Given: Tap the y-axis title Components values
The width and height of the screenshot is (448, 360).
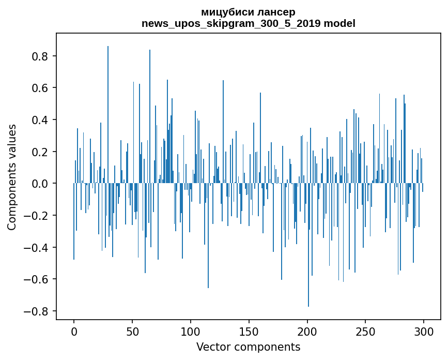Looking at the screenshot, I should [x=12, y=177].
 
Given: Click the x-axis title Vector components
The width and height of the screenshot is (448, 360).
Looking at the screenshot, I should [x=248, y=347].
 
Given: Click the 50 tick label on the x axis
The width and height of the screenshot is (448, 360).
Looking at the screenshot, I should [x=132, y=331].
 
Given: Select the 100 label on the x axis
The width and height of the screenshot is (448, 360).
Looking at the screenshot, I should [x=191, y=331].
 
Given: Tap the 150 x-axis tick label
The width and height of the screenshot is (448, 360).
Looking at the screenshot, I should [x=249, y=331].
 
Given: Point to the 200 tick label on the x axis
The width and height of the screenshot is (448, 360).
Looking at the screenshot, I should [x=307, y=331].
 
